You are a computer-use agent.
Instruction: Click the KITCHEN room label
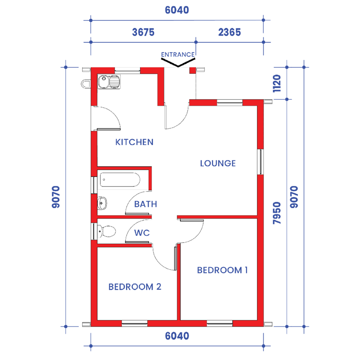pos(134,142)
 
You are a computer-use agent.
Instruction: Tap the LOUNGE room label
pos(218,163)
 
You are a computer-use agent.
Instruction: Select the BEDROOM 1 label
pos(222,270)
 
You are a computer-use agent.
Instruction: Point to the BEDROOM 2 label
pos(135,287)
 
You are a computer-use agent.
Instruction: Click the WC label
pos(142,233)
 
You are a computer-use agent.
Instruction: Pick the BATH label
pos(145,204)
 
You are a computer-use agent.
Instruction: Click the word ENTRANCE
pos(178,55)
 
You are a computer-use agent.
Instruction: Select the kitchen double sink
pos(109,81)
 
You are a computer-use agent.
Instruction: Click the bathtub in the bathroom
pos(120,180)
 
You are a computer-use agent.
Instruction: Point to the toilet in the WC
pos(106,231)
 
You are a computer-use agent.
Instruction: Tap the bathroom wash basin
pos(102,203)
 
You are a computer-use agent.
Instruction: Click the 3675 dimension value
pos(143,32)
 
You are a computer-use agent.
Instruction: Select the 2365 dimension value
pos(230,32)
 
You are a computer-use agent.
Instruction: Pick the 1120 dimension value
pos(277,84)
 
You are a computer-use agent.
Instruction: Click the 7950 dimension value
pos(277,213)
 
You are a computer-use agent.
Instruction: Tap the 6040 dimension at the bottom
pos(177,336)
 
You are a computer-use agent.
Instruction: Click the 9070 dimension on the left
pos(56,197)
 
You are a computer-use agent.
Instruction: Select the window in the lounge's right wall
pos(260,162)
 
